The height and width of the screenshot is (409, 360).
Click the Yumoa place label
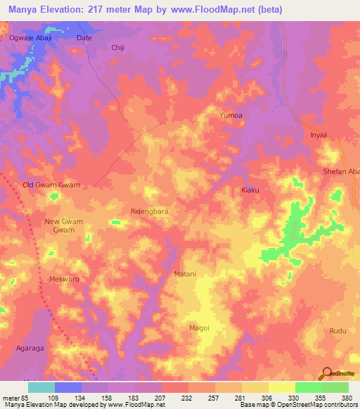point(231,115)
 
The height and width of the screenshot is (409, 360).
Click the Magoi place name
point(200,327)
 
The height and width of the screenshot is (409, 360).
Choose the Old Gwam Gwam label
point(51,185)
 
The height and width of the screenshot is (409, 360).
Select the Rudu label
point(338,330)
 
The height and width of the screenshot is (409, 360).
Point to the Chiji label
point(118,48)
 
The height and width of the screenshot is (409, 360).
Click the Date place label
point(84,39)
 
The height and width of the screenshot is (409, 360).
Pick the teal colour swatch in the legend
point(41,387)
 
